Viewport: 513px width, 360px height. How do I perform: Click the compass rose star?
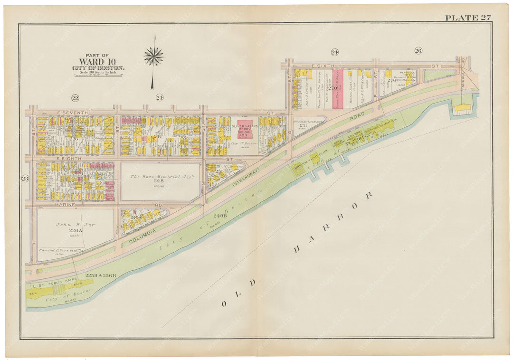click(153, 56)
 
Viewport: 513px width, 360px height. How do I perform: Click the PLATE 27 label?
click(467, 18)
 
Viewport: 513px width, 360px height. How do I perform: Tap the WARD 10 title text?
click(98, 61)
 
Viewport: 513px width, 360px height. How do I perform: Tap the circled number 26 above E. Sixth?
click(418, 51)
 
